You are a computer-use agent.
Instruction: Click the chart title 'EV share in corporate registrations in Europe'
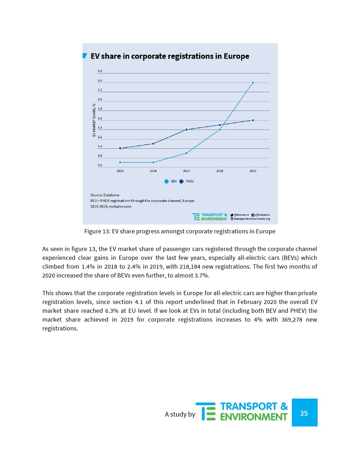170,56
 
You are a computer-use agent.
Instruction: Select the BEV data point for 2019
253,83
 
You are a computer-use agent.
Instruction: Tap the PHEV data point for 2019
253,120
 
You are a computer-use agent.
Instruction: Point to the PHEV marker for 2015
120,148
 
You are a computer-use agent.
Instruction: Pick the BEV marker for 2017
186,153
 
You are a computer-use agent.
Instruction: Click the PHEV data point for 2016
153,144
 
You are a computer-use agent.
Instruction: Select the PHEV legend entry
187,181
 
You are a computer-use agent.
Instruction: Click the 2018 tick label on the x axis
220,171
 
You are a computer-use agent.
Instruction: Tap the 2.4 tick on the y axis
100,80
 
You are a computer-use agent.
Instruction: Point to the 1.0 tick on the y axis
100,146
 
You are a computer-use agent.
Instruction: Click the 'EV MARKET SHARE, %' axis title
94,120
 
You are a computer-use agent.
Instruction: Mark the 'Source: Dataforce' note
105,195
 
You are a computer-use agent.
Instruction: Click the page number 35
304,413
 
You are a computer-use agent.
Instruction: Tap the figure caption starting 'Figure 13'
180,231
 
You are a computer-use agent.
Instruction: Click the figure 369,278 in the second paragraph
292,319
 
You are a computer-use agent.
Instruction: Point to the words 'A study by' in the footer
180,414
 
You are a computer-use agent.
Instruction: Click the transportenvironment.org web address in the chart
252,219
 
